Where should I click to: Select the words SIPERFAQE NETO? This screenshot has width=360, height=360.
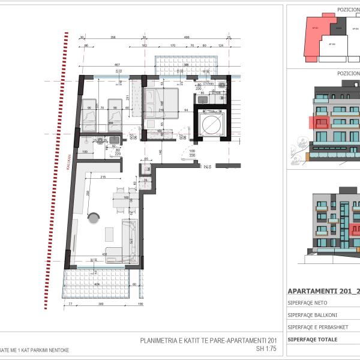click(307, 303)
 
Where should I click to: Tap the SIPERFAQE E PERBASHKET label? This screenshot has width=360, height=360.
click(316, 327)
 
